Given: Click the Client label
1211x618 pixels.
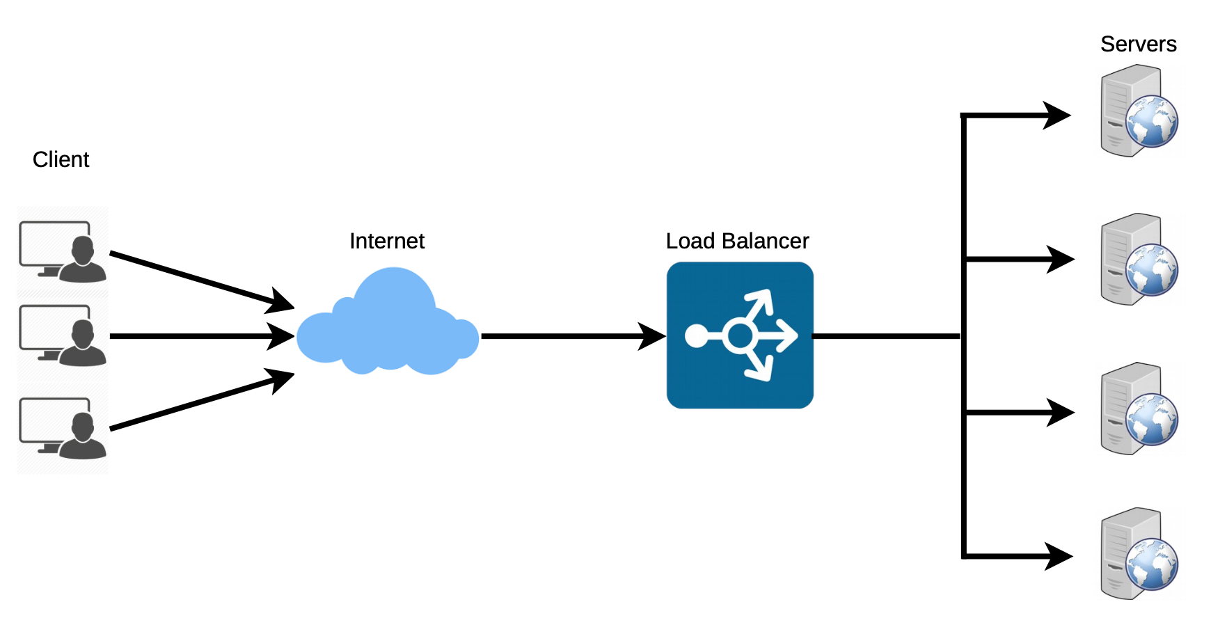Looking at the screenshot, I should (x=61, y=160).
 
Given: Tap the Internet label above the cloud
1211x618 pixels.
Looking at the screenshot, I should (x=387, y=241).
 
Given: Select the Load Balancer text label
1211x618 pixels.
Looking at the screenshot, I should (x=737, y=241).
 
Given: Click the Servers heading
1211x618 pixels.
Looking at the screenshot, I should (x=1138, y=45).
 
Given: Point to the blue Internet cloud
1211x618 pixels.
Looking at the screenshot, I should (x=387, y=327).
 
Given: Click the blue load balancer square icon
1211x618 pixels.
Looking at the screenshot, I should (x=740, y=335).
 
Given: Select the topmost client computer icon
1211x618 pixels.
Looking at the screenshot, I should (x=63, y=251).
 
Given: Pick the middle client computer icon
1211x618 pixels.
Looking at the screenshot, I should (x=63, y=335).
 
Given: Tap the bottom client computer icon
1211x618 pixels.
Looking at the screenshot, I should (x=63, y=428).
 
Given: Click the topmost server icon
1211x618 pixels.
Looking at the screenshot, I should (x=1138, y=111).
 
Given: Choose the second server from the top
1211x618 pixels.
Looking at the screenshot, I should (x=1138, y=260).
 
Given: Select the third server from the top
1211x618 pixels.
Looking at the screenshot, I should (x=1138, y=409).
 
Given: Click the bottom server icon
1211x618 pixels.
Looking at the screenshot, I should (x=1138, y=554).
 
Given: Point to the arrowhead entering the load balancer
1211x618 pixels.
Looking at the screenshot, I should (x=653, y=336).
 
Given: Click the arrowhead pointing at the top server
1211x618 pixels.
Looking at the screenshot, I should (x=1057, y=116).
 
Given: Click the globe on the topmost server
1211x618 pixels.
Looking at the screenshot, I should (x=1152, y=122).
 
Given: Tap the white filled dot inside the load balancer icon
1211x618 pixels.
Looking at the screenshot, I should (x=696, y=336).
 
